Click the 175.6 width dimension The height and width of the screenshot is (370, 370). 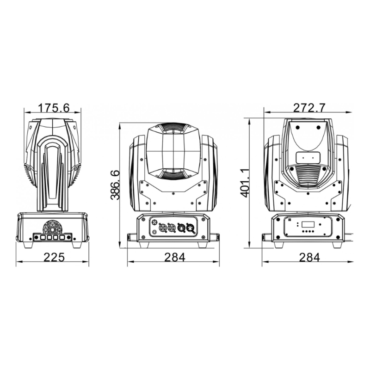53,108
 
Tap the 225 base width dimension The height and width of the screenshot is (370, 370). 54,257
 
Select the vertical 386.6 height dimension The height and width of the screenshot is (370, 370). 115,185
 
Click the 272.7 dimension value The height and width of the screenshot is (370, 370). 309,108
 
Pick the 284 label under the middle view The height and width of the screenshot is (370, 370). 175,257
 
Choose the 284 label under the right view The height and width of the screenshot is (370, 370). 309,257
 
